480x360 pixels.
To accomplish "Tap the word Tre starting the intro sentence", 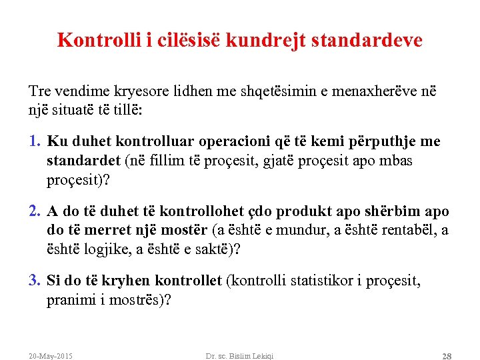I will tap(39, 91).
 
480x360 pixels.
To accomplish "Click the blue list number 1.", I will tap(35, 142).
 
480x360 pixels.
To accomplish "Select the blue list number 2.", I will tap(35, 211).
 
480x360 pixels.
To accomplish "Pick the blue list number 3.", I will tap(35, 281).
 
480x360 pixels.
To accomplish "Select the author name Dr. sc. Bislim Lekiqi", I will tap(239, 356).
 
